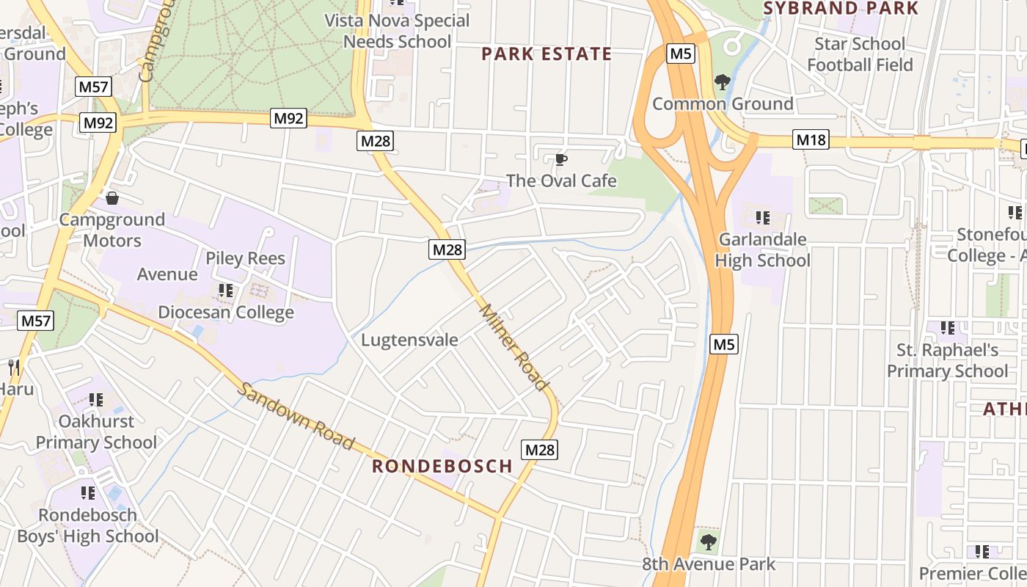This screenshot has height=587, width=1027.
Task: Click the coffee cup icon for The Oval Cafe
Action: pyautogui.click(x=561, y=159)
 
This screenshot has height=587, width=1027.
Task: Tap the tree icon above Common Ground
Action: pyautogui.click(x=723, y=81)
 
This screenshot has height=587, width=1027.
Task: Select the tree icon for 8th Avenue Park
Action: pyautogui.click(x=708, y=542)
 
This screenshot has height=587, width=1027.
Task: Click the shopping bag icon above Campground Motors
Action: pyautogui.click(x=112, y=198)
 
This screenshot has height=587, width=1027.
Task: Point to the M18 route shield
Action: pyautogui.click(x=811, y=139)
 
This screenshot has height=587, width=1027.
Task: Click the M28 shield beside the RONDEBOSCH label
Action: pyautogui.click(x=540, y=450)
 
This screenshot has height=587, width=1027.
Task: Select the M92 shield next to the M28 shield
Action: pyautogui.click(x=288, y=118)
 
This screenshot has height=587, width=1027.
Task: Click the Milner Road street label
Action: pyautogui.click(x=513, y=347)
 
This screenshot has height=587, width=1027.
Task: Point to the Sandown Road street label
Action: pyautogui.click(x=297, y=416)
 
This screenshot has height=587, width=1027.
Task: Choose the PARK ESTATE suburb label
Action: pyautogui.click(x=547, y=54)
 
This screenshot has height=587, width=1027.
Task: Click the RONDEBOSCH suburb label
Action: pyautogui.click(x=442, y=466)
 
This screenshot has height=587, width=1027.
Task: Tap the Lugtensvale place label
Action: pyautogui.click(x=409, y=340)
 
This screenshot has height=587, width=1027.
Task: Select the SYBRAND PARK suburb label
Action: pyautogui.click(x=841, y=9)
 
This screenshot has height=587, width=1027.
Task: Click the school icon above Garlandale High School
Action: pyautogui.click(x=763, y=218)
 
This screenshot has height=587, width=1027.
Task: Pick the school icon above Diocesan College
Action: pyautogui.click(x=226, y=291)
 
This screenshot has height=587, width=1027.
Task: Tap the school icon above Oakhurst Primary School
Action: pyautogui.click(x=96, y=400)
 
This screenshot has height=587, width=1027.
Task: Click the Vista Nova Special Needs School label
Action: pyautogui.click(x=398, y=31)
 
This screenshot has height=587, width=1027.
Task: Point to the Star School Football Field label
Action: pyautogui.click(x=860, y=54)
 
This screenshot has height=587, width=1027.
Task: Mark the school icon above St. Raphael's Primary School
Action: pyautogui.click(x=948, y=328)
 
